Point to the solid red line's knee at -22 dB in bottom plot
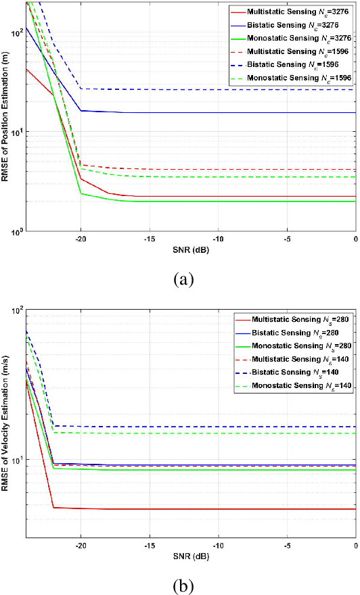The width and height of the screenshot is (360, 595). [x=53, y=507]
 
